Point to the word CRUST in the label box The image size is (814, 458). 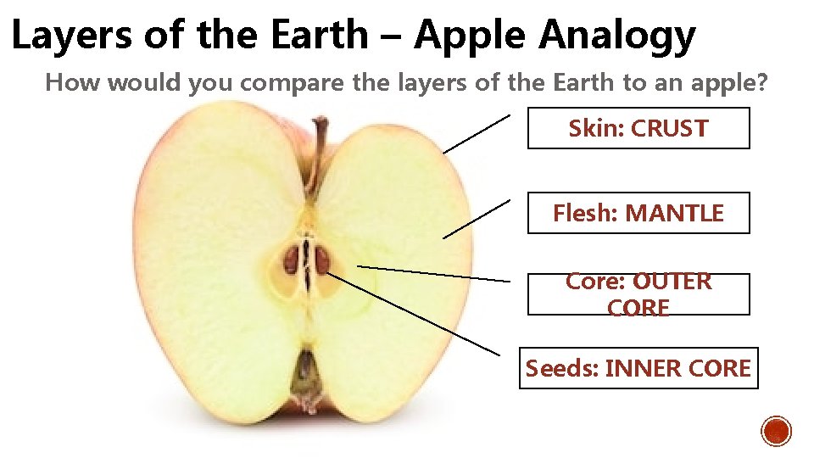point(669,129)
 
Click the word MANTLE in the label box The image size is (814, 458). point(674,214)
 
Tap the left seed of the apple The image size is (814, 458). point(292,259)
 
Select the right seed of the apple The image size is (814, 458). point(322,260)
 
